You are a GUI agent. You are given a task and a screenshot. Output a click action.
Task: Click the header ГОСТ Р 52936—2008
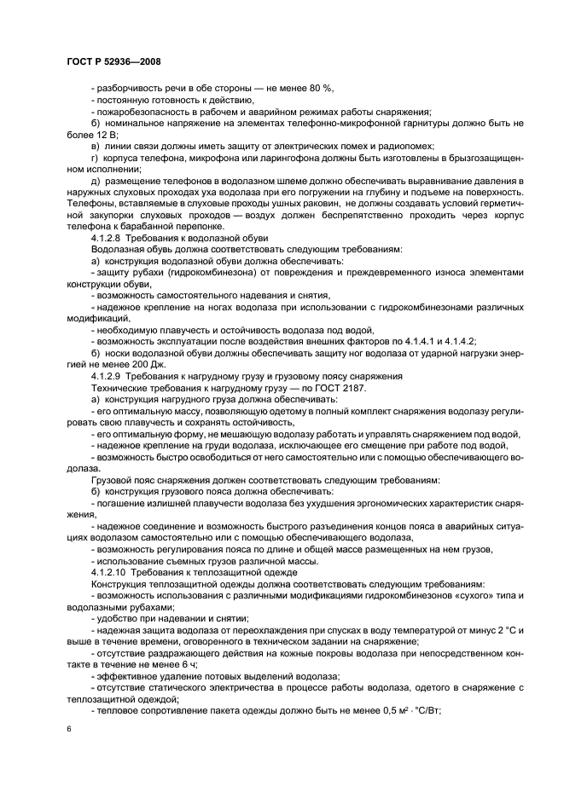click(x=113, y=61)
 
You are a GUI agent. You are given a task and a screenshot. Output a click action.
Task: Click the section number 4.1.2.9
click(x=108, y=375)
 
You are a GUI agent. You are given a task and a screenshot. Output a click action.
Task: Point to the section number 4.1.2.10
click(x=110, y=571)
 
